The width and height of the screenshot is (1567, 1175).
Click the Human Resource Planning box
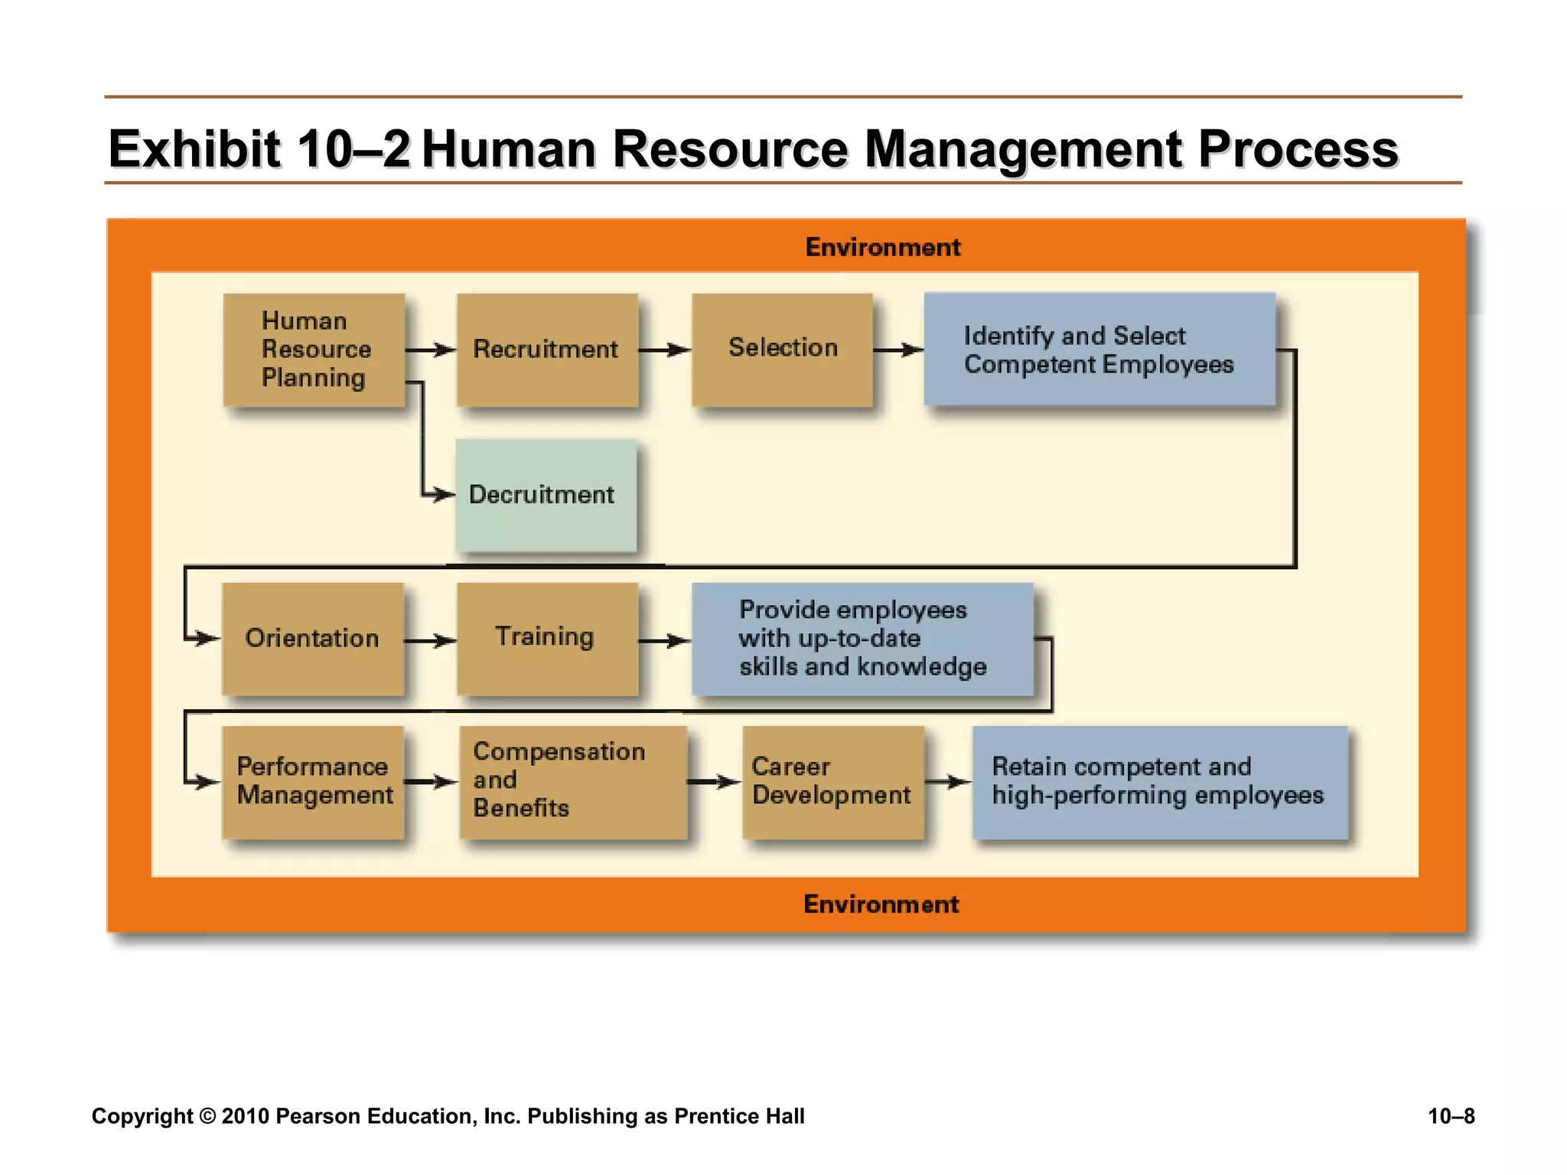tap(314, 350)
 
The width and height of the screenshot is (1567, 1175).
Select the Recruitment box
tap(547, 350)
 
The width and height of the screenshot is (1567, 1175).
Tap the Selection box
tap(782, 350)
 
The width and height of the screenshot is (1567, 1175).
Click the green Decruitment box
tap(546, 495)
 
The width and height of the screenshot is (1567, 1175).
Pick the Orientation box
tap(313, 638)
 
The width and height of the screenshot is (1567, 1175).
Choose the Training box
tap(547, 638)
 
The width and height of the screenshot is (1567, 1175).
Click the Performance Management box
tap(313, 781)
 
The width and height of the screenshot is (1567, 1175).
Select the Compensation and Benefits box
tap(573, 781)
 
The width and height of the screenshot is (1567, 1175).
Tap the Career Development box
tap(832, 781)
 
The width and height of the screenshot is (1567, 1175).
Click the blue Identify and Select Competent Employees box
tap(1099, 349)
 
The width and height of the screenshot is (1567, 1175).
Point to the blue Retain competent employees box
tap(1159, 781)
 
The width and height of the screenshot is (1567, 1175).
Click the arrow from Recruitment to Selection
tap(664, 350)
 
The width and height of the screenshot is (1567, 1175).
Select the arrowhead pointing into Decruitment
tap(443, 495)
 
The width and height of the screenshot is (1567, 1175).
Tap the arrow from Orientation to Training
tap(430, 640)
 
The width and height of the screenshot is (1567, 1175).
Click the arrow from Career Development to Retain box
tap(948, 782)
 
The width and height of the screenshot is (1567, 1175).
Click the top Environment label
tap(883, 247)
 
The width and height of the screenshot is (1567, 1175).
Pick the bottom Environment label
tap(881, 904)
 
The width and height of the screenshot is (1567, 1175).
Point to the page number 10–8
tap(1451, 1116)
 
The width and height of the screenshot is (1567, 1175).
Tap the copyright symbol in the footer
tap(207, 1116)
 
